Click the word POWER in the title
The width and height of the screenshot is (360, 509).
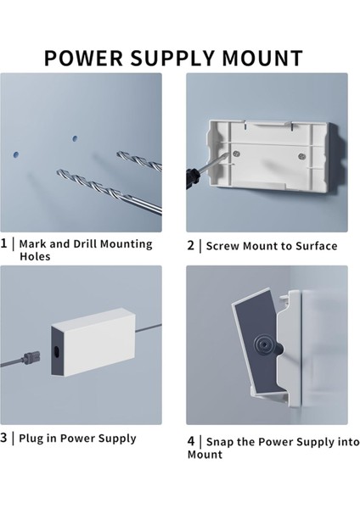[83, 58]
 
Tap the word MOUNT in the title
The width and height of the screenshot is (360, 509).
[262, 58]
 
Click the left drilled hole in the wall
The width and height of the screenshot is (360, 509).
[16, 155]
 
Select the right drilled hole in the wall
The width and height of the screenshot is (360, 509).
[75, 138]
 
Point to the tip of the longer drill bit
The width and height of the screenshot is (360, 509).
[58, 171]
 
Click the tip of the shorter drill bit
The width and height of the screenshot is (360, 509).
[118, 153]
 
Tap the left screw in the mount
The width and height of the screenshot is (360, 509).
[237, 154]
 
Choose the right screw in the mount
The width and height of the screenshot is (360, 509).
[302, 156]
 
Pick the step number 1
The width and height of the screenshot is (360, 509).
[3, 243]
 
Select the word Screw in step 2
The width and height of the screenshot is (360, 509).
[222, 246]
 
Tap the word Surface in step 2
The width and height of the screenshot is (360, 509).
[317, 246]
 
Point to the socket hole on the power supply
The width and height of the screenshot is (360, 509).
[57, 352]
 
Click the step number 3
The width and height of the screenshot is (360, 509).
[3, 438]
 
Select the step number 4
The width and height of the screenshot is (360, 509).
[191, 441]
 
